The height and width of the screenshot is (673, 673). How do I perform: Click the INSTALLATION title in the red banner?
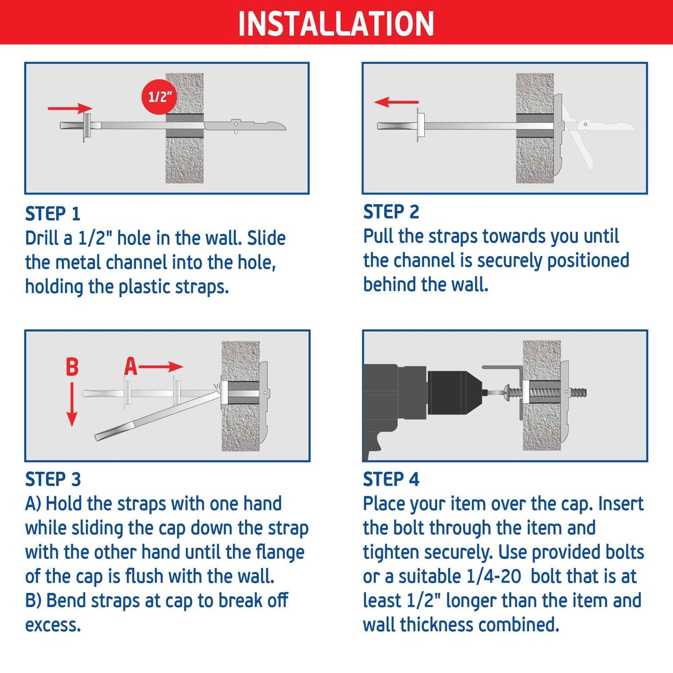tap(336, 23)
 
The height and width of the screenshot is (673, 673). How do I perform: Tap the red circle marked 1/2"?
tap(160, 96)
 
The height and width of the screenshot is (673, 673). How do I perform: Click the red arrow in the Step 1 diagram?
tap(70, 109)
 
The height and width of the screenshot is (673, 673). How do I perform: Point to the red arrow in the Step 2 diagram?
tap(396, 102)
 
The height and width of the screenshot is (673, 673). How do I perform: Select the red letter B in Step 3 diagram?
tap(72, 367)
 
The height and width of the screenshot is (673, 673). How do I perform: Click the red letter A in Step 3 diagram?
tap(130, 367)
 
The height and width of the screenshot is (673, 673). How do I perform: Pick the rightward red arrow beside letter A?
tap(161, 367)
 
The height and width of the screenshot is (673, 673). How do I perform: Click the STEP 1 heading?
tap(53, 214)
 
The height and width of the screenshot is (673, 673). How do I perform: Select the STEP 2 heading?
tap(391, 212)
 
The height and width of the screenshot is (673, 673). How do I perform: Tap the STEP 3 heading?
tap(53, 479)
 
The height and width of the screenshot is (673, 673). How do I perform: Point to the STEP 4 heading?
tap(391, 479)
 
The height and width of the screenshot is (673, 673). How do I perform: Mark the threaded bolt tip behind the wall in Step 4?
tap(578, 393)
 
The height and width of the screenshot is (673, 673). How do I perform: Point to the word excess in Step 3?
tap(53, 625)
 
